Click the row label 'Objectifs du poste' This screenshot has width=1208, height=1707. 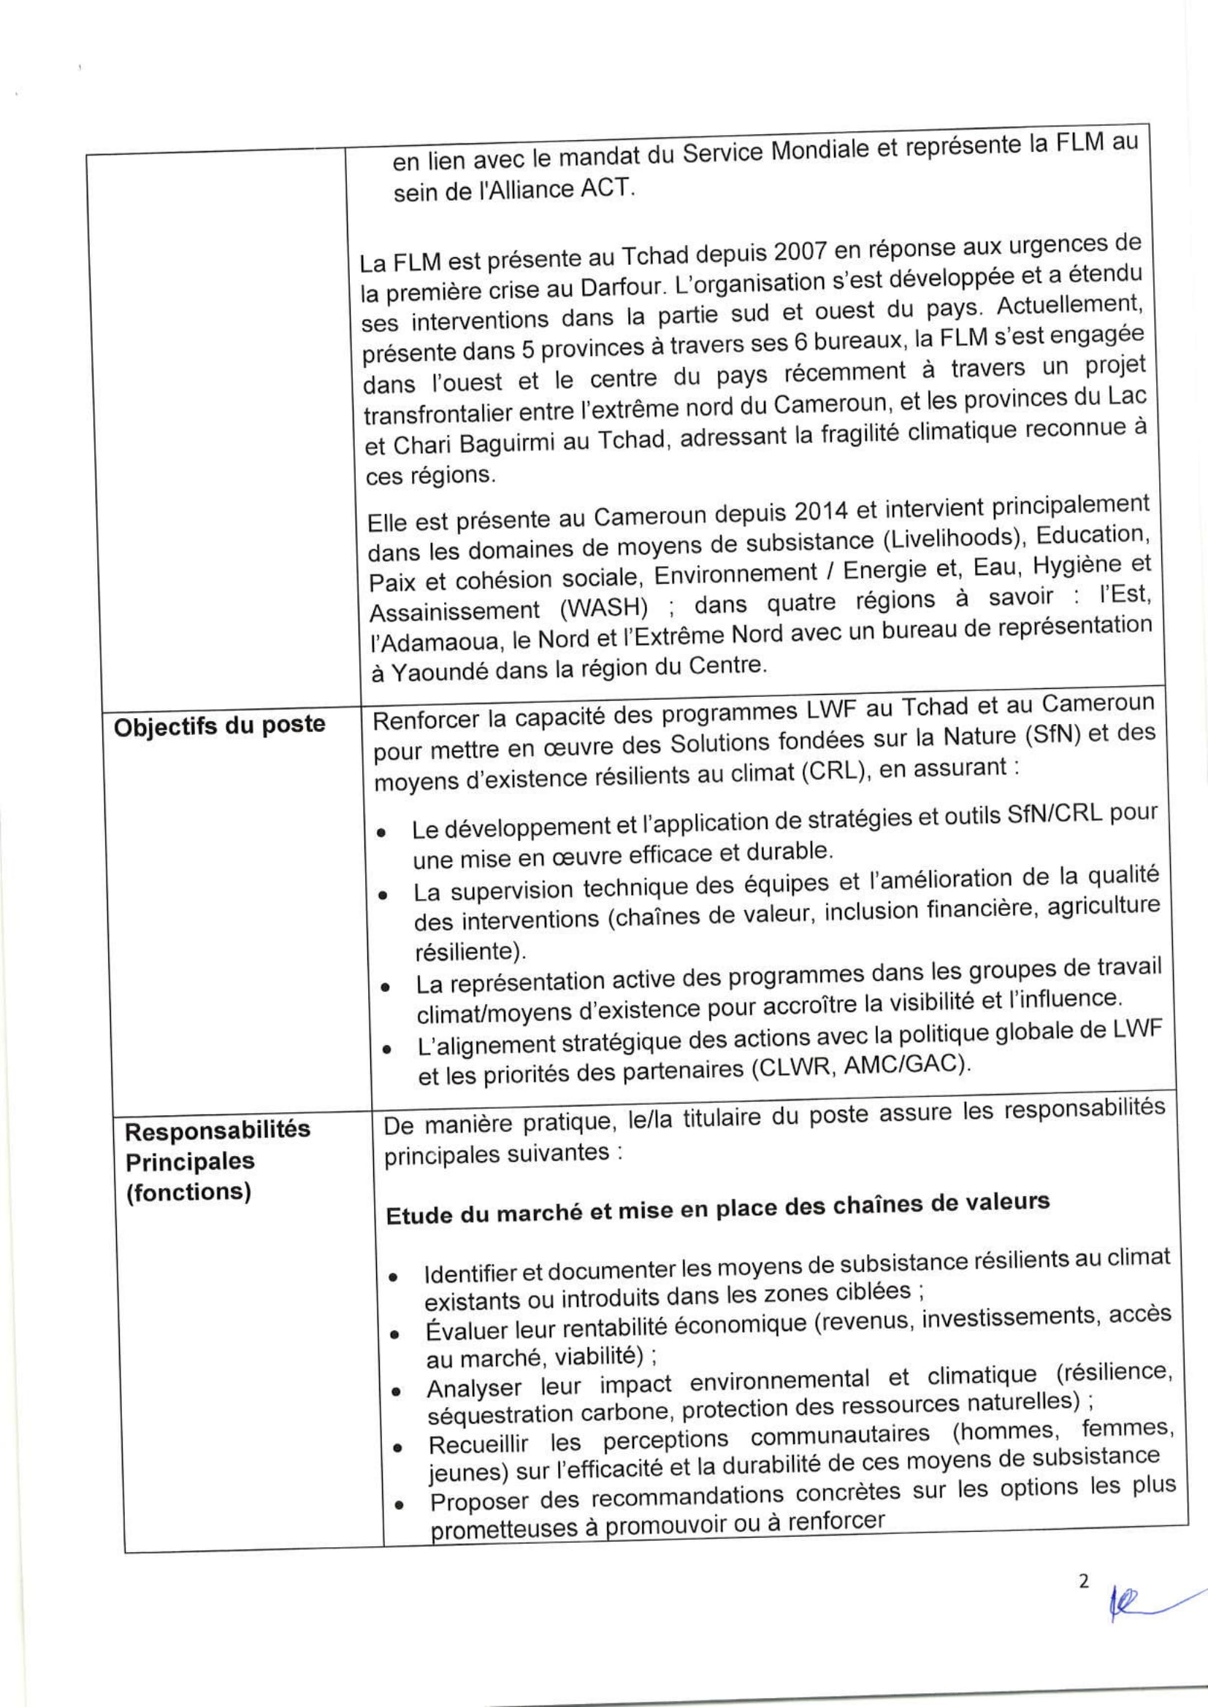coord(219,724)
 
